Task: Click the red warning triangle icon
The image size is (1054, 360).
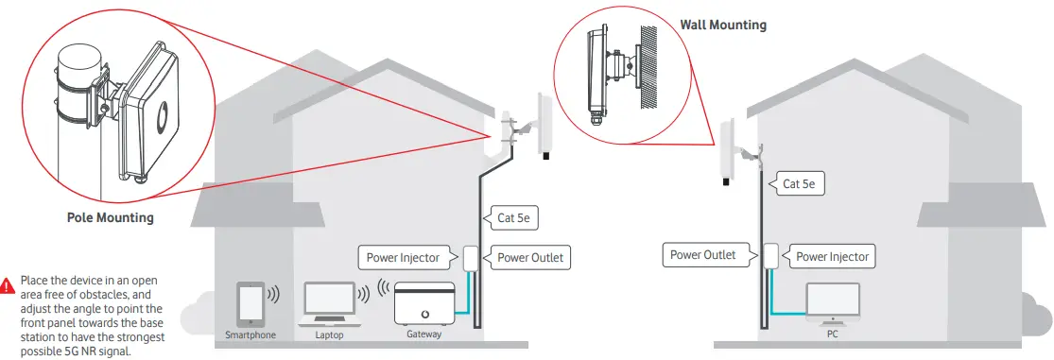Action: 9,283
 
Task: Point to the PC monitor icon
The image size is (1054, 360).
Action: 832,304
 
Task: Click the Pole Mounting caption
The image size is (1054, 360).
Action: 110,218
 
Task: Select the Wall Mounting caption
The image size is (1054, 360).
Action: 723,25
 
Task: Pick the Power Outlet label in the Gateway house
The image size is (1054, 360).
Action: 532,257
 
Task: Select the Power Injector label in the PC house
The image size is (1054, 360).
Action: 832,256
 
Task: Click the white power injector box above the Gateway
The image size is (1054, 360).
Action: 471,257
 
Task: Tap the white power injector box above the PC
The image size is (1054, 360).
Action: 770,256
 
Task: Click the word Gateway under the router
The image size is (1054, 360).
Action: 423,334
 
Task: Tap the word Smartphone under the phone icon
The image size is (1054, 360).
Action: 251,334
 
